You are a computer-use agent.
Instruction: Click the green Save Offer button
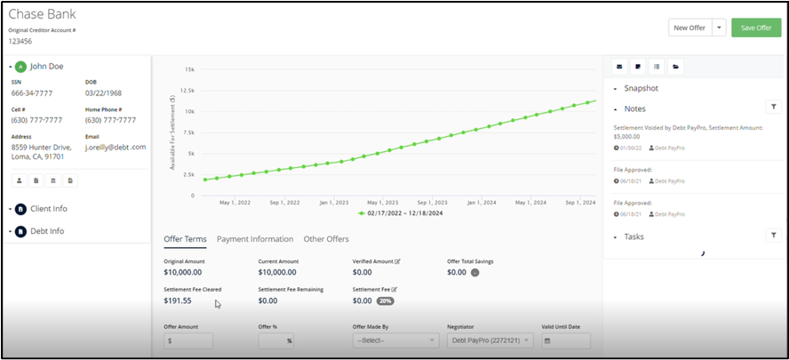coord(756,28)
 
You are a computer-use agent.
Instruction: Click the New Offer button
coord(689,28)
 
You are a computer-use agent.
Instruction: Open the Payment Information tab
coord(255,239)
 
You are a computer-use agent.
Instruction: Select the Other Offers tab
coord(326,239)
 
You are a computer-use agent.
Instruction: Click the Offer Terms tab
coord(185,239)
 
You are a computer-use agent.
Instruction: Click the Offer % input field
coord(276,340)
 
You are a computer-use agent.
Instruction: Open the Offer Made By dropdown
coord(395,340)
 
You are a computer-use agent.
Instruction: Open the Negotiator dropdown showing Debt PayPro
coord(490,340)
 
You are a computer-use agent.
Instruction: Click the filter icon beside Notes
coord(773,108)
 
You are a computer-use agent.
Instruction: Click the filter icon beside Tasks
coord(773,236)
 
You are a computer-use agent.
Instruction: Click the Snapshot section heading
coord(641,89)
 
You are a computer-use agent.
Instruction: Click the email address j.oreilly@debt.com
coord(116,148)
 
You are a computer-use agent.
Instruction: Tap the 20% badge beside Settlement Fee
coord(386,301)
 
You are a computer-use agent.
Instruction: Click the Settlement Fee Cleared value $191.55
coord(178,301)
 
